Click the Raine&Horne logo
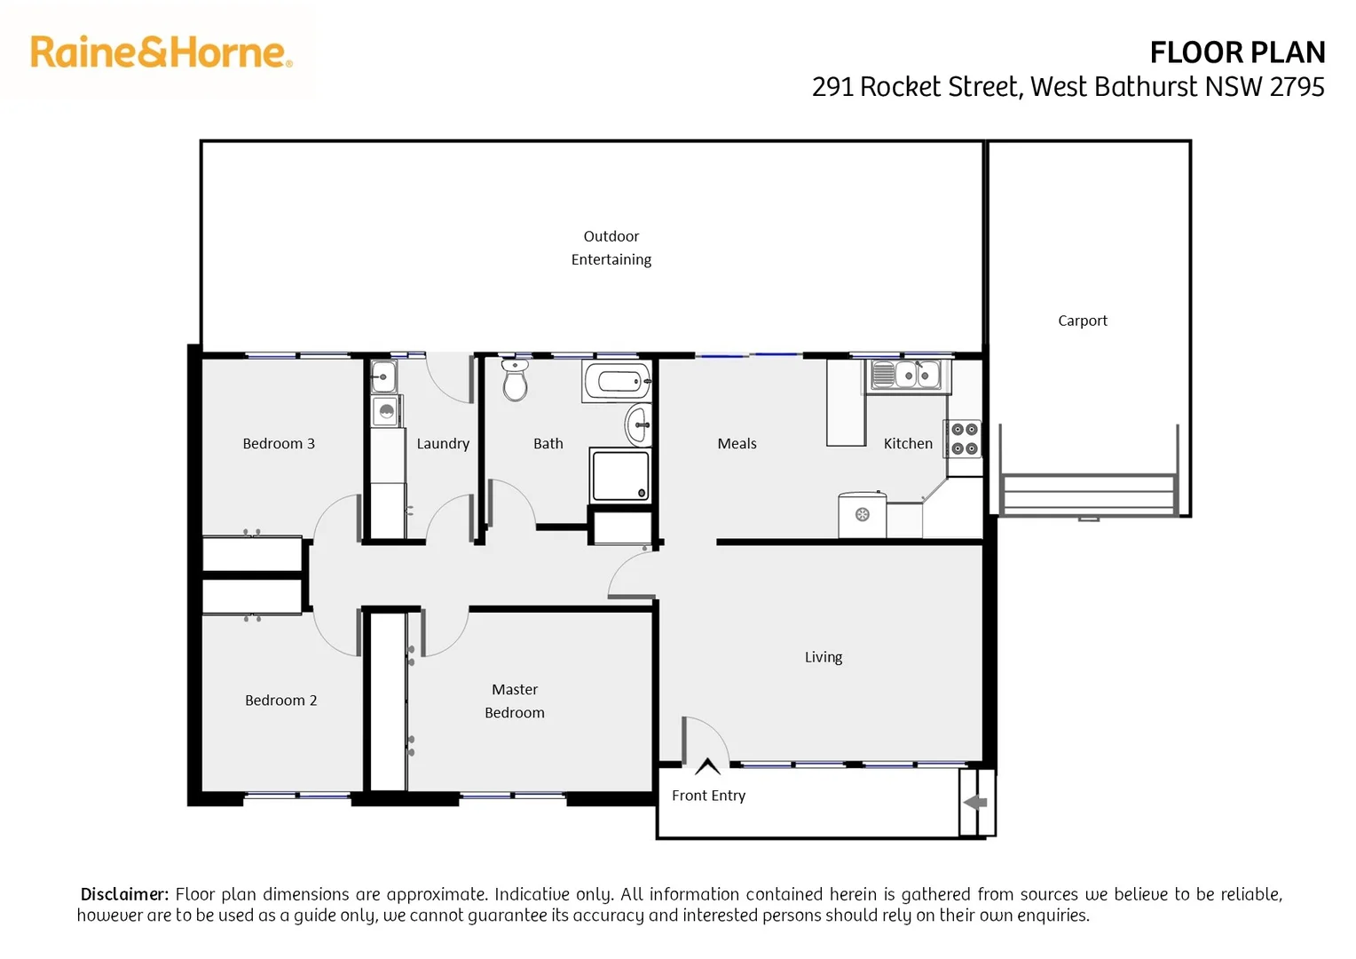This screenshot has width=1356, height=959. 161,52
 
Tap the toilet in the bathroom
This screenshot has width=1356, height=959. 515,382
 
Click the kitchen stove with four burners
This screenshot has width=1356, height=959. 964,439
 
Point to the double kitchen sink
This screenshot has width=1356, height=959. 906,376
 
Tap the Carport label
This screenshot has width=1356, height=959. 1082,321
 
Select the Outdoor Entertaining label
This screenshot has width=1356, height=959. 611,248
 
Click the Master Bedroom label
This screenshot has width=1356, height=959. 515,701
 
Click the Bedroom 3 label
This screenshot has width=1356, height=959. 279,444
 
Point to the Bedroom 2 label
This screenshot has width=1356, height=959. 280,701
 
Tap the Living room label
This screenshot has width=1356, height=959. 823,657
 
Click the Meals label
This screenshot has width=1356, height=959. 737,444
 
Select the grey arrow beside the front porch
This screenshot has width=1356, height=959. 976,803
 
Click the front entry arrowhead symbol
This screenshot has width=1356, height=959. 707,765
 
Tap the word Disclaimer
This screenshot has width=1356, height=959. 124,894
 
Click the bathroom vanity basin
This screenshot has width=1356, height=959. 638,424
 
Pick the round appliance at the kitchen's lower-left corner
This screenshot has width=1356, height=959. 862,515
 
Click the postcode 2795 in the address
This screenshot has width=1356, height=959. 1297,87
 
